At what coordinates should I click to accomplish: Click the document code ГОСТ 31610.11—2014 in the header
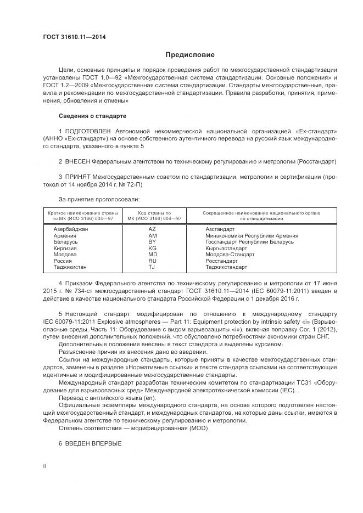74,37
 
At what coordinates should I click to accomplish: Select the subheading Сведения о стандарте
92,116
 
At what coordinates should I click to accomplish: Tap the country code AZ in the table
152,229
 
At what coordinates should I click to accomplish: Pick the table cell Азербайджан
71,229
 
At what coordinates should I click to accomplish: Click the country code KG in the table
152,248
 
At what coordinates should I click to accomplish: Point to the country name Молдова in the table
65,255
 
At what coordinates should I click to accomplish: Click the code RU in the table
152,261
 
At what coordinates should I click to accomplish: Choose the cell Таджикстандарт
226,267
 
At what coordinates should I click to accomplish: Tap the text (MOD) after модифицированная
182,428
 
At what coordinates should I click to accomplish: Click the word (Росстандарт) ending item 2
316,162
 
